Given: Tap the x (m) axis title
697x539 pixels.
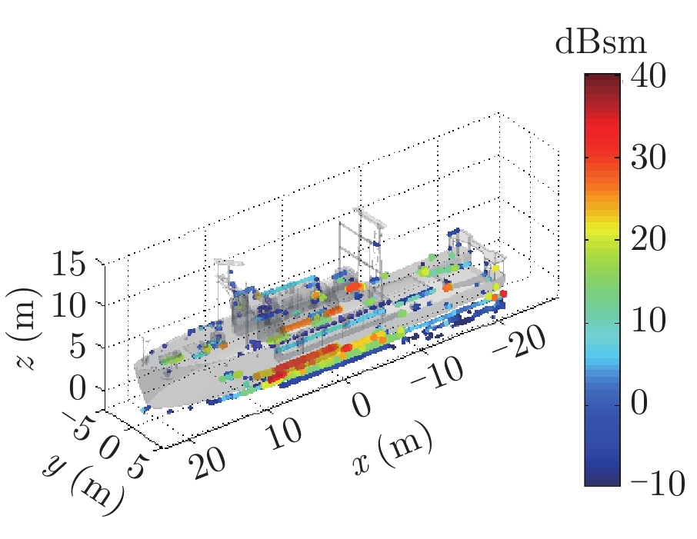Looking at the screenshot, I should tap(392, 454).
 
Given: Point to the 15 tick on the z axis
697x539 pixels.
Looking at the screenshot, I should tap(72, 265).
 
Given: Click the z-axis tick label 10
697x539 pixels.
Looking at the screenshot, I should tap(72, 304).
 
